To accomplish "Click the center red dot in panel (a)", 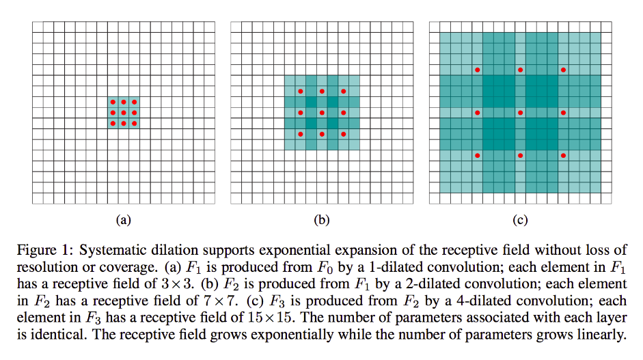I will (124, 113).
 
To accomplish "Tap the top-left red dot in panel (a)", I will (113, 102).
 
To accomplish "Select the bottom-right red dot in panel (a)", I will (135, 124).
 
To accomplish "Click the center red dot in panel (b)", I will (322, 113).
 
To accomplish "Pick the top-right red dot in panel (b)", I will (344, 91).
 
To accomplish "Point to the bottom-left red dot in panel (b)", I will (300, 135).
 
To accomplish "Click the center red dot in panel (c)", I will (520, 113).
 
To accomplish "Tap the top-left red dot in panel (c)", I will (477, 70).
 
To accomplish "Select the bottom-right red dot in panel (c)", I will (564, 156).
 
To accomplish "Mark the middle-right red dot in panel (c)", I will (564, 113).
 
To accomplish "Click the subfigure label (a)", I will (123, 220).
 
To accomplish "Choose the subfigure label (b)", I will (321, 220).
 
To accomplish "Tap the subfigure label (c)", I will (520, 220).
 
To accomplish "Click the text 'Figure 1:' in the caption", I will (41, 249).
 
